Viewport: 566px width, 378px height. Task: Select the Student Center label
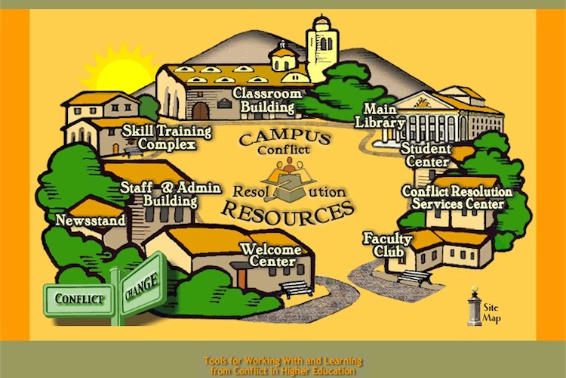coord(426,154)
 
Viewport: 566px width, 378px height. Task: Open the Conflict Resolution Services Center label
coord(457,198)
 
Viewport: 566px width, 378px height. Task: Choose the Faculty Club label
coord(387,244)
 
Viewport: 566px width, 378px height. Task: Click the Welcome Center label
coord(270,256)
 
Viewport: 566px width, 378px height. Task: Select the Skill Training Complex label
coord(159,138)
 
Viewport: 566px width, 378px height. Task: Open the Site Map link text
coord(493,312)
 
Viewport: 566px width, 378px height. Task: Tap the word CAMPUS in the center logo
coord(283,139)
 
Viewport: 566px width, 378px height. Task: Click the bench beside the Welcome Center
coord(297,289)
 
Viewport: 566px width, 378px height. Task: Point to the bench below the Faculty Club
coord(414,276)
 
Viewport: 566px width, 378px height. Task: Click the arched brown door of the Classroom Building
coord(200,110)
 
